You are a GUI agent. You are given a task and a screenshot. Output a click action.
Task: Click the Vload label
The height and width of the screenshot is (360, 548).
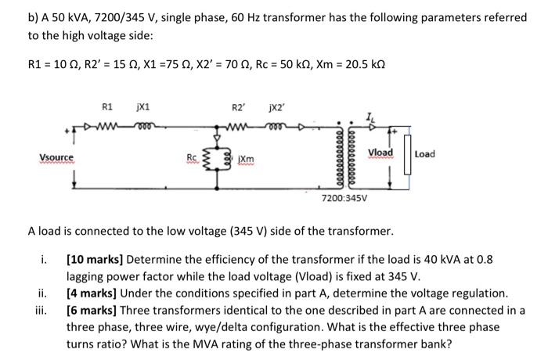click(x=380, y=152)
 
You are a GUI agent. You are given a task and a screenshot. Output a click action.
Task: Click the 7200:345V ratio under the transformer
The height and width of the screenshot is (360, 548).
click(x=342, y=200)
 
